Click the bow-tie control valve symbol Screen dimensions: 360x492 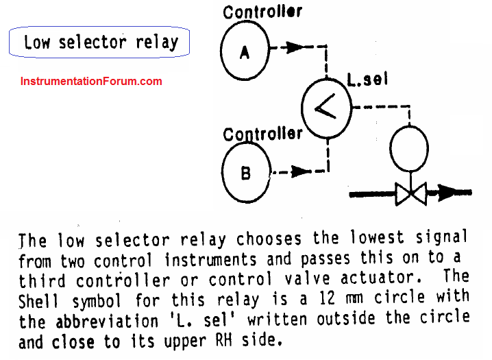tap(410, 193)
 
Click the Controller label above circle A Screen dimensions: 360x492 tap(262, 12)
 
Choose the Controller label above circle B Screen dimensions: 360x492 tap(262, 134)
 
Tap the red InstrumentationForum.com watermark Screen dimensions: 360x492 tap(91, 81)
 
